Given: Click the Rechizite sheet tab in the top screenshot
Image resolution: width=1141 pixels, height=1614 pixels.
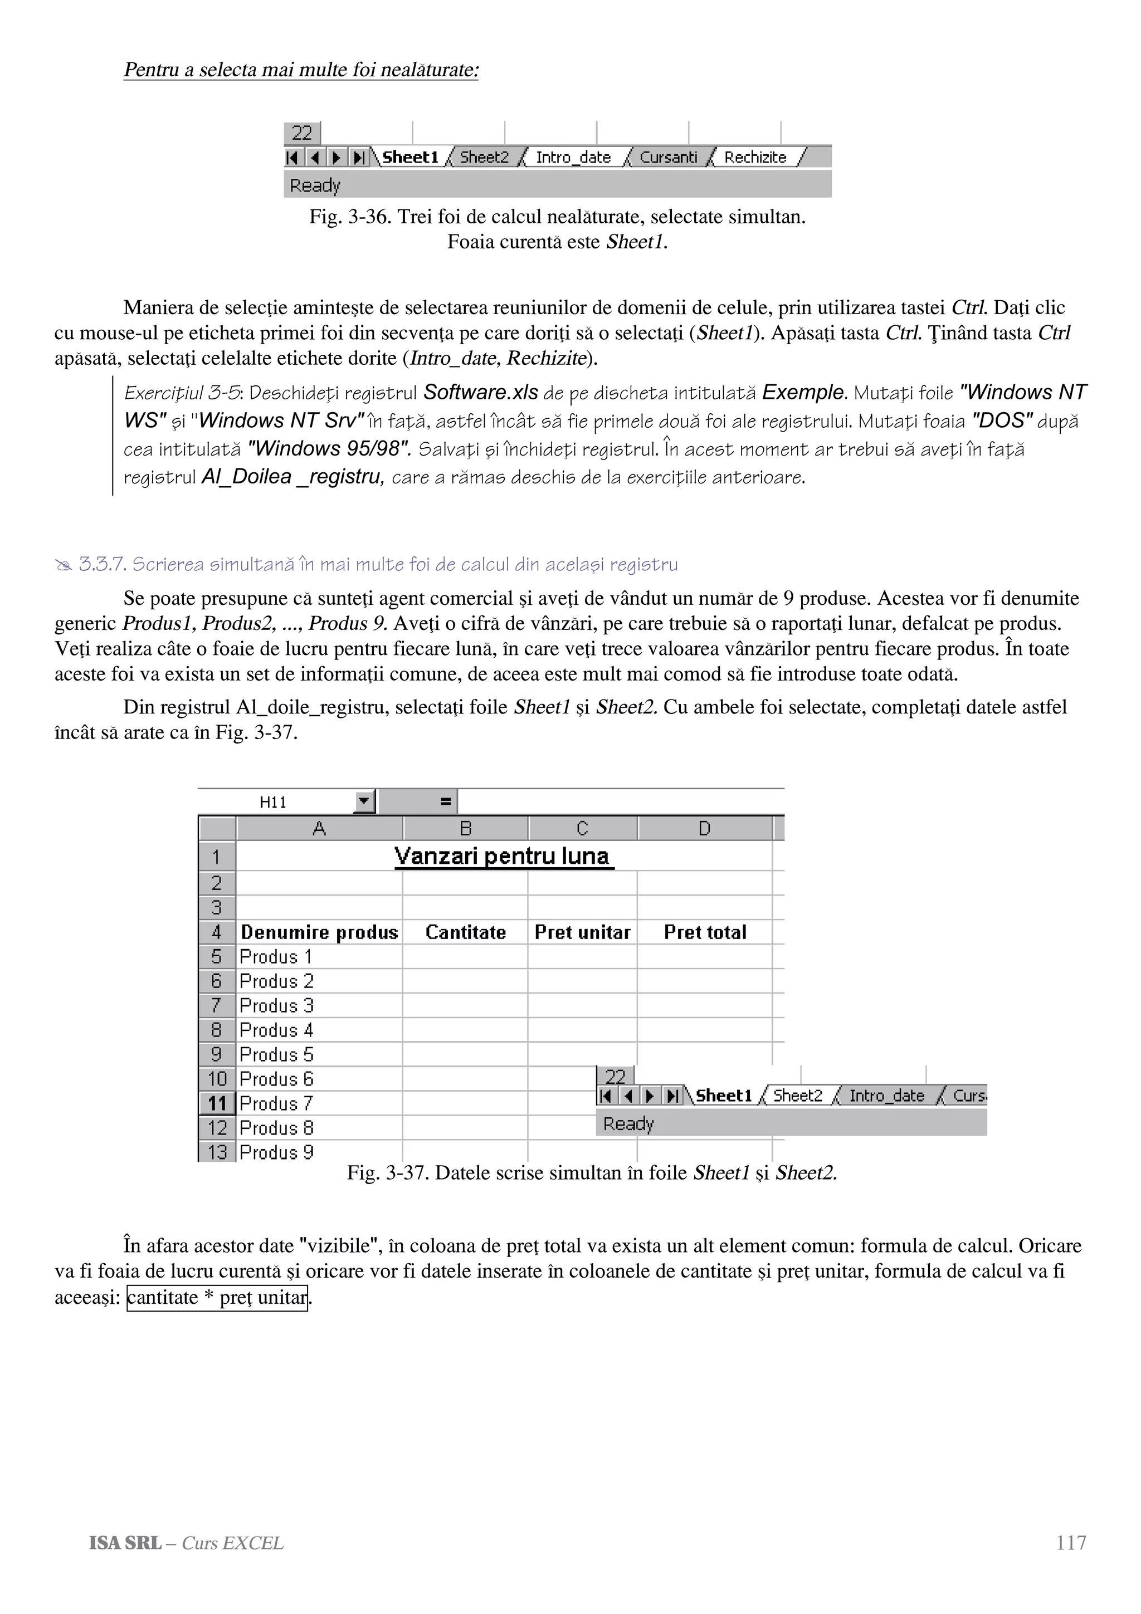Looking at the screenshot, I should click(x=755, y=158).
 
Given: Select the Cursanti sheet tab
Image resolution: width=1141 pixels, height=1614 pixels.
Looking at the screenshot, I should click(x=668, y=158).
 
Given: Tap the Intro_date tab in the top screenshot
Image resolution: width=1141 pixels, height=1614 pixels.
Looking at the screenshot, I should click(x=573, y=158).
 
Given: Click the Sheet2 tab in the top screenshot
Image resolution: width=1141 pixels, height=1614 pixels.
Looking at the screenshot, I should click(x=484, y=158).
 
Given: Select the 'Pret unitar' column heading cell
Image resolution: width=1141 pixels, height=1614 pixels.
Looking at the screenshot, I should click(x=582, y=932).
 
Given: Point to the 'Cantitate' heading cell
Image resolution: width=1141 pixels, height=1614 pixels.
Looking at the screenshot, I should click(x=465, y=932).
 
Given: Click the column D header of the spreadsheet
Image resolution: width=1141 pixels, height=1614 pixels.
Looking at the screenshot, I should click(x=704, y=828).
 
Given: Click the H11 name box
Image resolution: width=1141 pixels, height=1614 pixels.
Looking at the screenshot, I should click(x=274, y=802).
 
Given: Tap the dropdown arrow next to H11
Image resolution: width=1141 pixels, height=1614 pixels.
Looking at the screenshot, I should click(x=363, y=801).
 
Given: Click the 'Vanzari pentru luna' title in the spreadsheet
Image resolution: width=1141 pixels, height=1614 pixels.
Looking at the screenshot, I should click(x=501, y=856).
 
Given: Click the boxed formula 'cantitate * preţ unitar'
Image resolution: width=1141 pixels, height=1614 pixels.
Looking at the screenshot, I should click(x=217, y=1297).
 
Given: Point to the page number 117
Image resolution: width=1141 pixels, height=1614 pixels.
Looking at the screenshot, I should click(x=1071, y=1543).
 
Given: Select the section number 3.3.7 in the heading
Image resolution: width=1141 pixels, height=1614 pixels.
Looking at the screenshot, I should click(x=102, y=565).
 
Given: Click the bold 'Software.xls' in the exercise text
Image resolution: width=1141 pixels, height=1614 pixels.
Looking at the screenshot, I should click(x=481, y=392).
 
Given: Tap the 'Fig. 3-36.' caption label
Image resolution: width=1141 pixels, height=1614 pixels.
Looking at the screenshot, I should click(x=349, y=217).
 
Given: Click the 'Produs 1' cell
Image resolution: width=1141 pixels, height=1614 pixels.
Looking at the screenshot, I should click(x=276, y=957).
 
